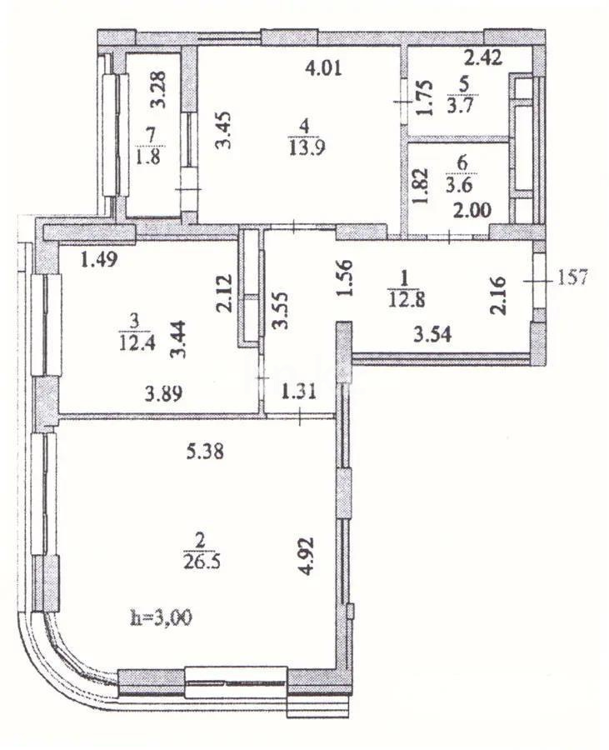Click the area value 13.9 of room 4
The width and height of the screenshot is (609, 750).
(x=303, y=145)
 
